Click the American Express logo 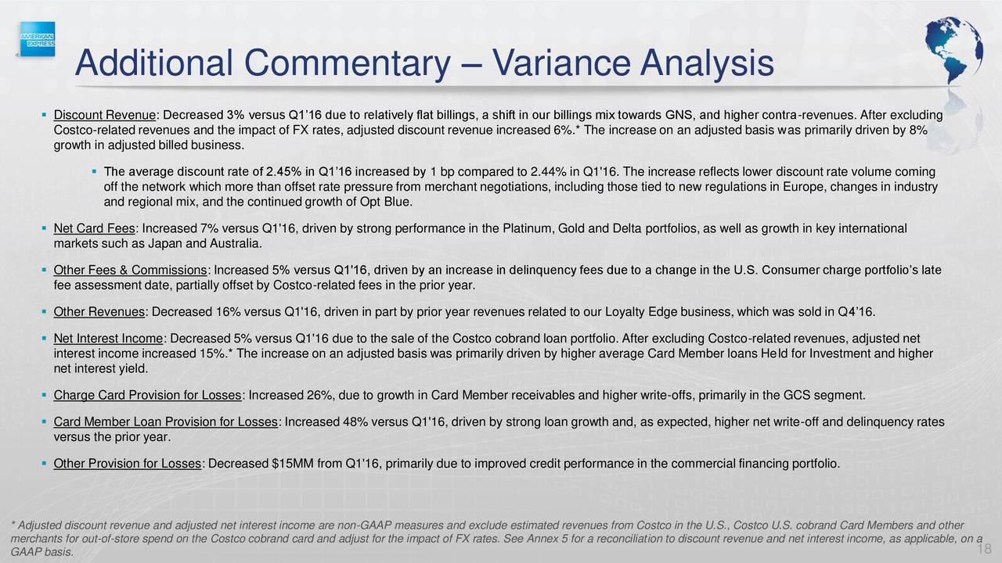tap(38, 39)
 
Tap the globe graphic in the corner tap(953, 50)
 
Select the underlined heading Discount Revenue tap(104, 115)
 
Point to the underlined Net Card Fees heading tap(94, 229)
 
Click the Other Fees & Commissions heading tap(130, 271)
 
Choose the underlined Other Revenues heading tap(99, 312)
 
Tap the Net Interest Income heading tap(108, 339)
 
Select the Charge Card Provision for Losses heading tap(147, 396)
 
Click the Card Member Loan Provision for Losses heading tap(165, 422)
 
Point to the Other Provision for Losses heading tap(127, 464)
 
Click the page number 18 tap(984, 549)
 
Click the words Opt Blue tap(386, 202)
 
